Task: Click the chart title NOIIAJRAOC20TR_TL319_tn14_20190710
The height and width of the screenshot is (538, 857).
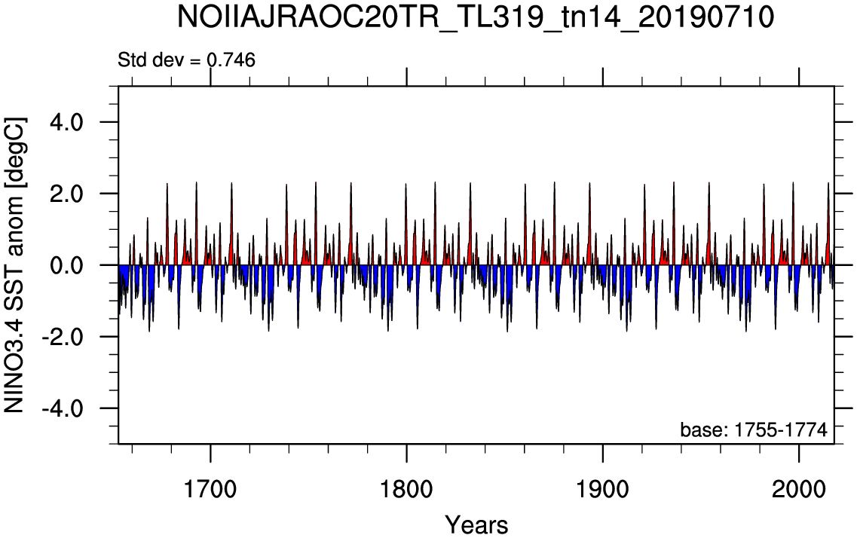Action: [476, 18]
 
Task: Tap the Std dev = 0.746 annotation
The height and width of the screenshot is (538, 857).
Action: [186, 60]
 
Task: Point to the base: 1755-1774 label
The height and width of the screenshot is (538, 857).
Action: [754, 429]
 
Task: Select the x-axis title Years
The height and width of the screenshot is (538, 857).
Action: [476, 525]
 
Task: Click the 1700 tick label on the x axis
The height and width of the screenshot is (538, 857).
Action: [210, 489]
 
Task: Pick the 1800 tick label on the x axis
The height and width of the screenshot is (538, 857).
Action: [406, 489]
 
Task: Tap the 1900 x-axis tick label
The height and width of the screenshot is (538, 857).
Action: [603, 489]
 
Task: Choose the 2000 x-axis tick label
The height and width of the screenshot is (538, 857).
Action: [799, 489]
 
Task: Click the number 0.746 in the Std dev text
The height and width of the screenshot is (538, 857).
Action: [231, 60]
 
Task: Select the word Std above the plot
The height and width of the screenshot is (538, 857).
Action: [132, 60]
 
